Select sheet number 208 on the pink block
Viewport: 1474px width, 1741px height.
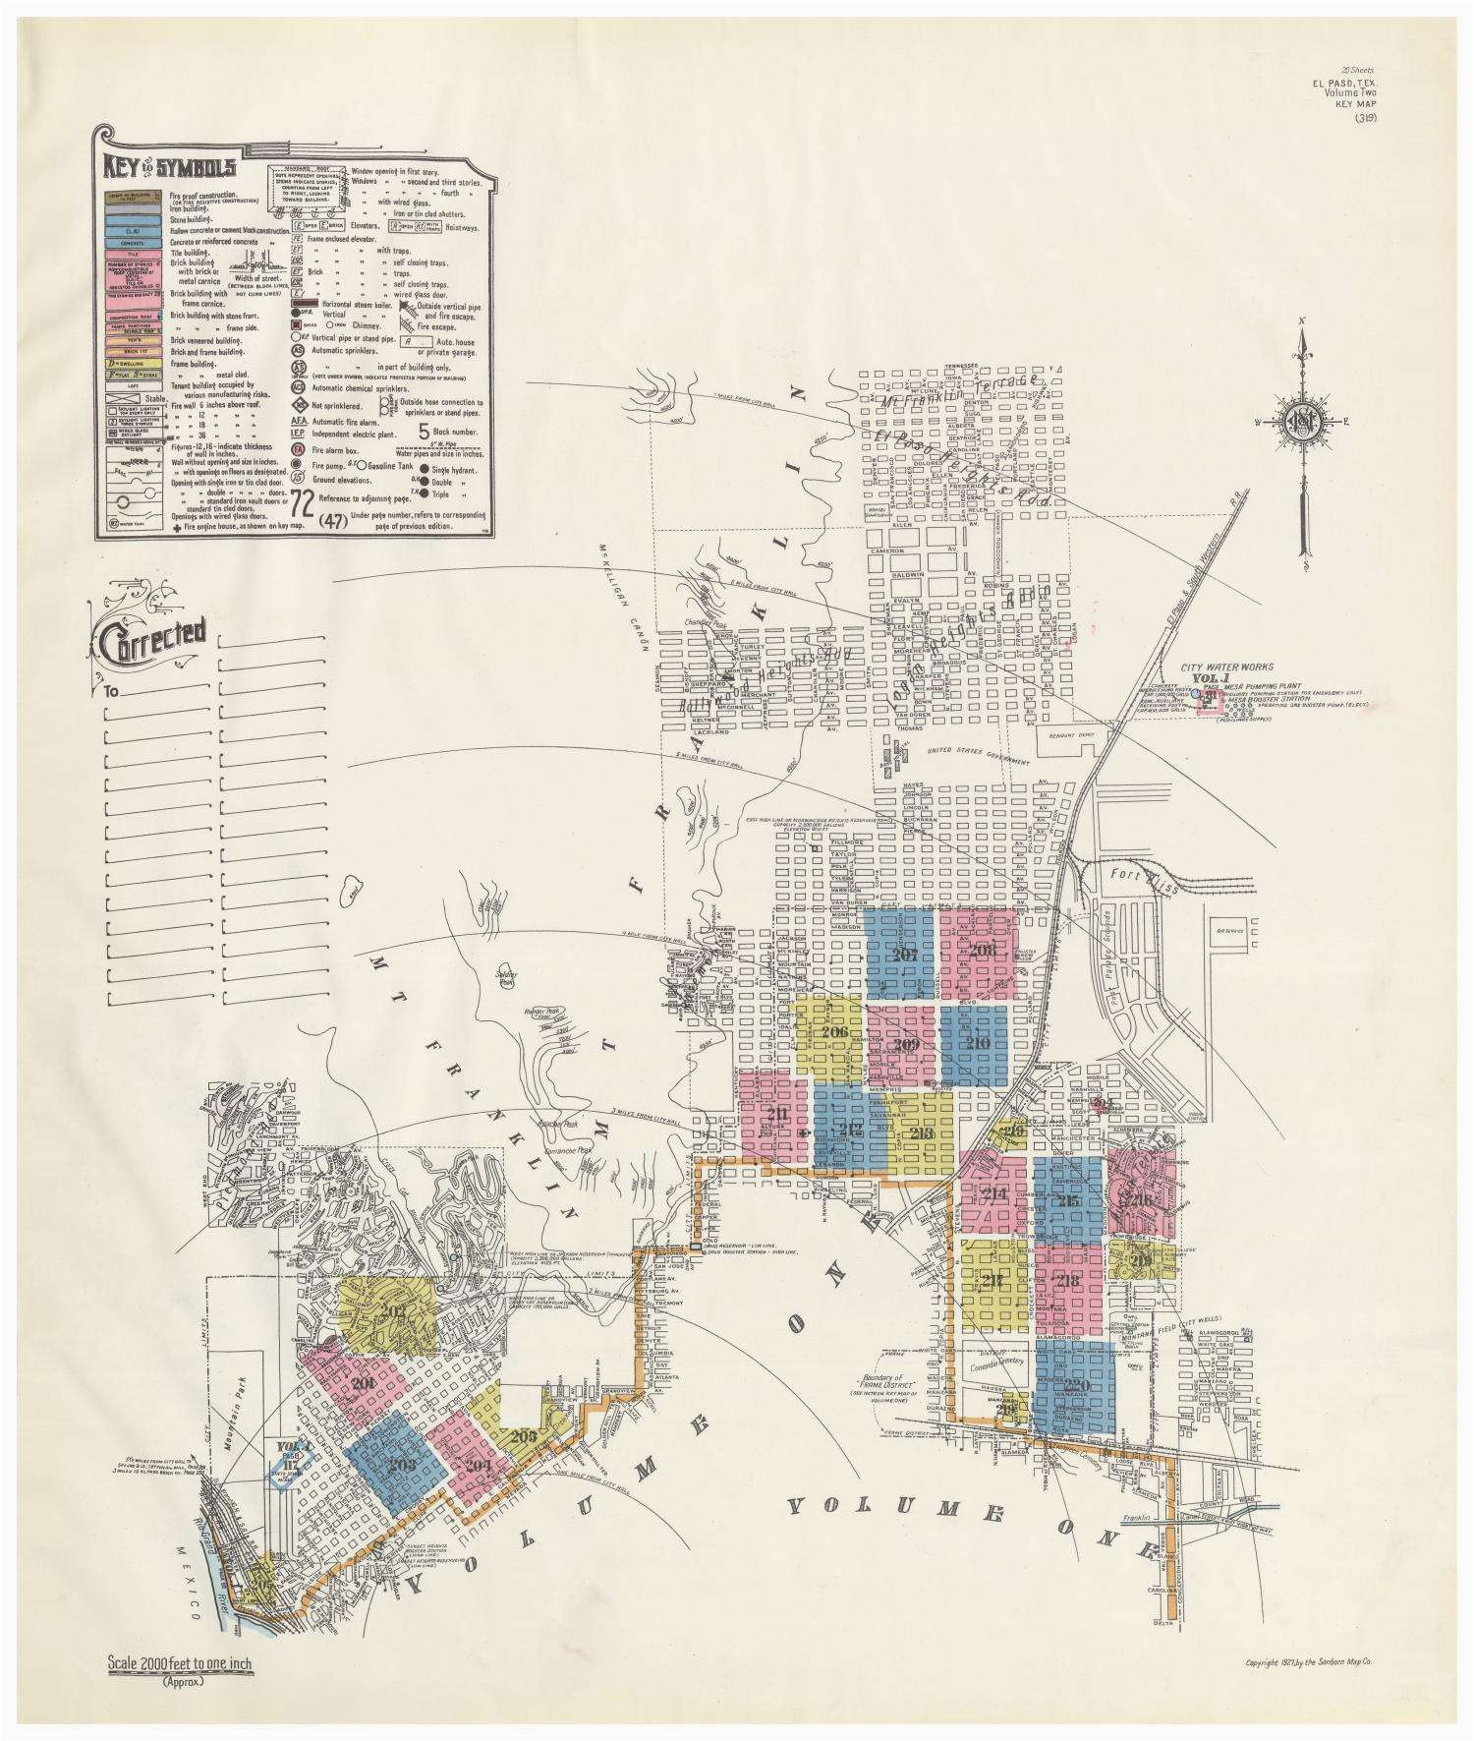pyautogui.click(x=982, y=950)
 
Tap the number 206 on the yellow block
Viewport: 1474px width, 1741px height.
pyautogui.click(x=834, y=1033)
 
